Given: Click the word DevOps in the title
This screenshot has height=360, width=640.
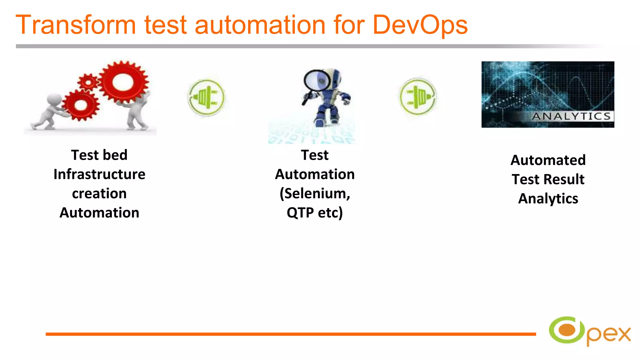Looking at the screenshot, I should [420, 25].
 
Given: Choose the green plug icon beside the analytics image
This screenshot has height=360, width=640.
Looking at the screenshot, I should [417, 97].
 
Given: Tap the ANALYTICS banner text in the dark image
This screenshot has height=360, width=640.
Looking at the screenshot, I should [571, 116].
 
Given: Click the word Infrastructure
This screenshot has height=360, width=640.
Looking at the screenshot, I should [99, 174].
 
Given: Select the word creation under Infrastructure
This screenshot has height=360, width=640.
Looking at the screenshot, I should [99, 194].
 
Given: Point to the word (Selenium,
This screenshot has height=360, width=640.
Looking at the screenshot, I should [315, 194].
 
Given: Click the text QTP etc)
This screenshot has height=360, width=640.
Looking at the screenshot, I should [315, 213].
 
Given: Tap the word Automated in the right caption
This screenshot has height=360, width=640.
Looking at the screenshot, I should [548, 160].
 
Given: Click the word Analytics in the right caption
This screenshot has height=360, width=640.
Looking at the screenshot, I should [548, 199].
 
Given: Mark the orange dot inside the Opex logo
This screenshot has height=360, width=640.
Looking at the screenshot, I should [567, 330].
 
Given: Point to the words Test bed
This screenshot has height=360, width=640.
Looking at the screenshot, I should [99, 155].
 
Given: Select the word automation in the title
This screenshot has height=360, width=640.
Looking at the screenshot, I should [260, 25].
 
